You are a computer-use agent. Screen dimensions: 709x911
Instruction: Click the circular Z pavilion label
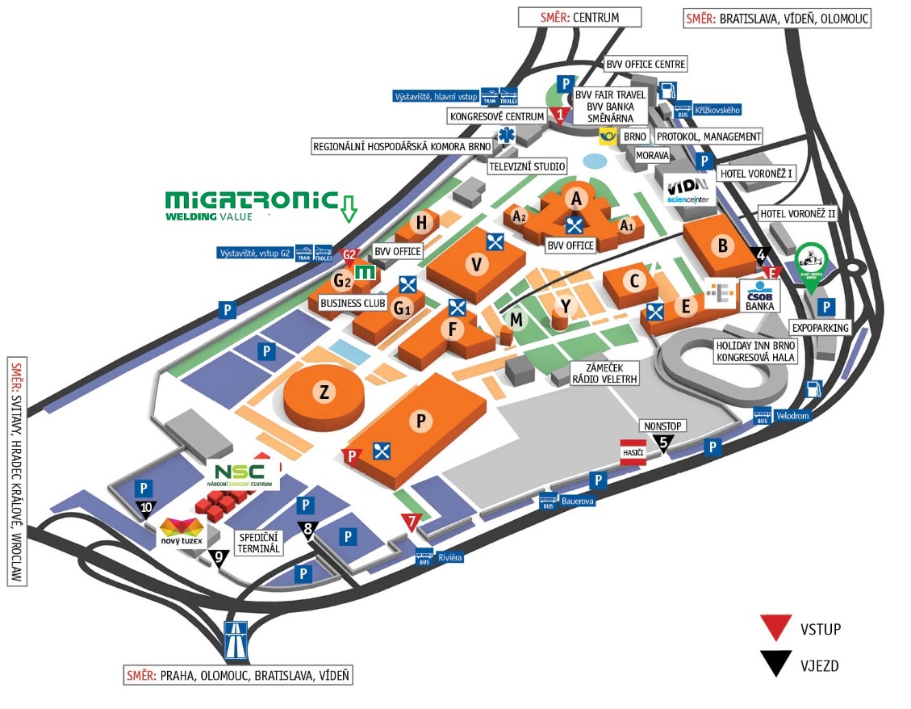click(x=324, y=392)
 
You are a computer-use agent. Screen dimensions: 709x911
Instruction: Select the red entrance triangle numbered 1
click(x=561, y=115)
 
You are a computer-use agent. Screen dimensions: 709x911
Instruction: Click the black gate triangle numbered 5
click(x=663, y=442)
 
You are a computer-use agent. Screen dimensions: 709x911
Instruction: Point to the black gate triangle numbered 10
click(x=145, y=508)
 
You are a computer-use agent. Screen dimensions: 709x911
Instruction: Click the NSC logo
click(x=243, y=474)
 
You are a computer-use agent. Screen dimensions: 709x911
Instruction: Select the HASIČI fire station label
click(x=633, y=454)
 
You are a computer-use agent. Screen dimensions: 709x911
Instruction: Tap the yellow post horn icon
click(x=608, y=136)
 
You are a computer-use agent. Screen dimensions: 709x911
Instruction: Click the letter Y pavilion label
click(x=566, y=305)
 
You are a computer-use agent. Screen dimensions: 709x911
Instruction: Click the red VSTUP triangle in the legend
click(x=777, y=627)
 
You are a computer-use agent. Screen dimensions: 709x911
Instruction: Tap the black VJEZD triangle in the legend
click(x=777, y=663)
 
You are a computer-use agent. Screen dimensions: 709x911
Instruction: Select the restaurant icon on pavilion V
click(x=495, y=240)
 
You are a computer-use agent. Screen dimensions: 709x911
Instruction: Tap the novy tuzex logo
click(x=182, y=532)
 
